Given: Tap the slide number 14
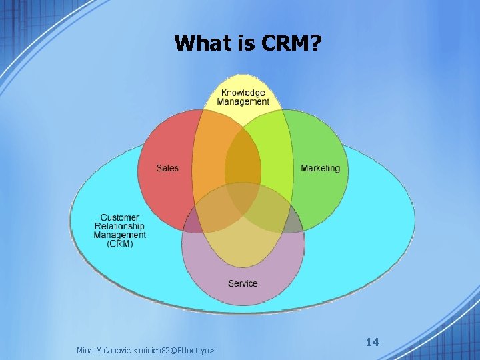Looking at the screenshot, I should (x=373, y=342).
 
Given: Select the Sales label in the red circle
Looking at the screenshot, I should (x=167, y=168).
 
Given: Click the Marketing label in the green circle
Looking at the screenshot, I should (x=320, y=168).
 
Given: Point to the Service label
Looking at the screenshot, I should (x=243, y=283).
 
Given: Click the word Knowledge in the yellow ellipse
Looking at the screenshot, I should (x=243, y=93).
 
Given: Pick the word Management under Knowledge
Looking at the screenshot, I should (x=243, y=102).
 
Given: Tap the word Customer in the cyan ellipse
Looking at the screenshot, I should (x=120, y=217).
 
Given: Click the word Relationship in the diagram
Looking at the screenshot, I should (x=120, y=226).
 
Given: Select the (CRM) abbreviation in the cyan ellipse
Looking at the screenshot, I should (x=120, y=243).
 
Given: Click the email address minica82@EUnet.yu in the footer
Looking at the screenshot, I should (x=173, y=350).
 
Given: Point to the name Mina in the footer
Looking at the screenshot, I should (x=85, y=350).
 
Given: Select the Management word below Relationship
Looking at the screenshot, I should (x=120, y=235).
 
